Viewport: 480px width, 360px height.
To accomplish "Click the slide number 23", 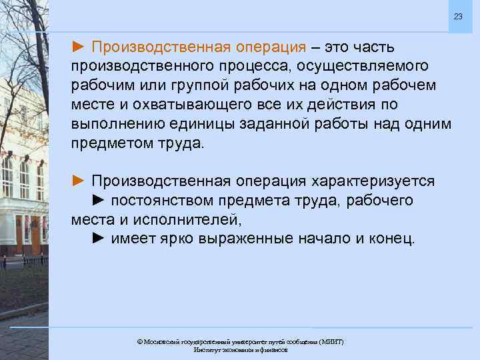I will click(x=457, y=16).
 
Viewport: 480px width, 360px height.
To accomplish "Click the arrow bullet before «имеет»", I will click(x=99, y=239).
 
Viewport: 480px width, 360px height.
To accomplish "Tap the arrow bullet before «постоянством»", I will click(x=99, y=201).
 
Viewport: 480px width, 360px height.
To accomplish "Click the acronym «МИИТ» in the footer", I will click(x=331, y=341).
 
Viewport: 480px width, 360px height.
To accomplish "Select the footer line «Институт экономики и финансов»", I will click(x=240, y=350).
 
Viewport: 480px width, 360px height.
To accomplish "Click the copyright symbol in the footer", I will click(x=139, y=341).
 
